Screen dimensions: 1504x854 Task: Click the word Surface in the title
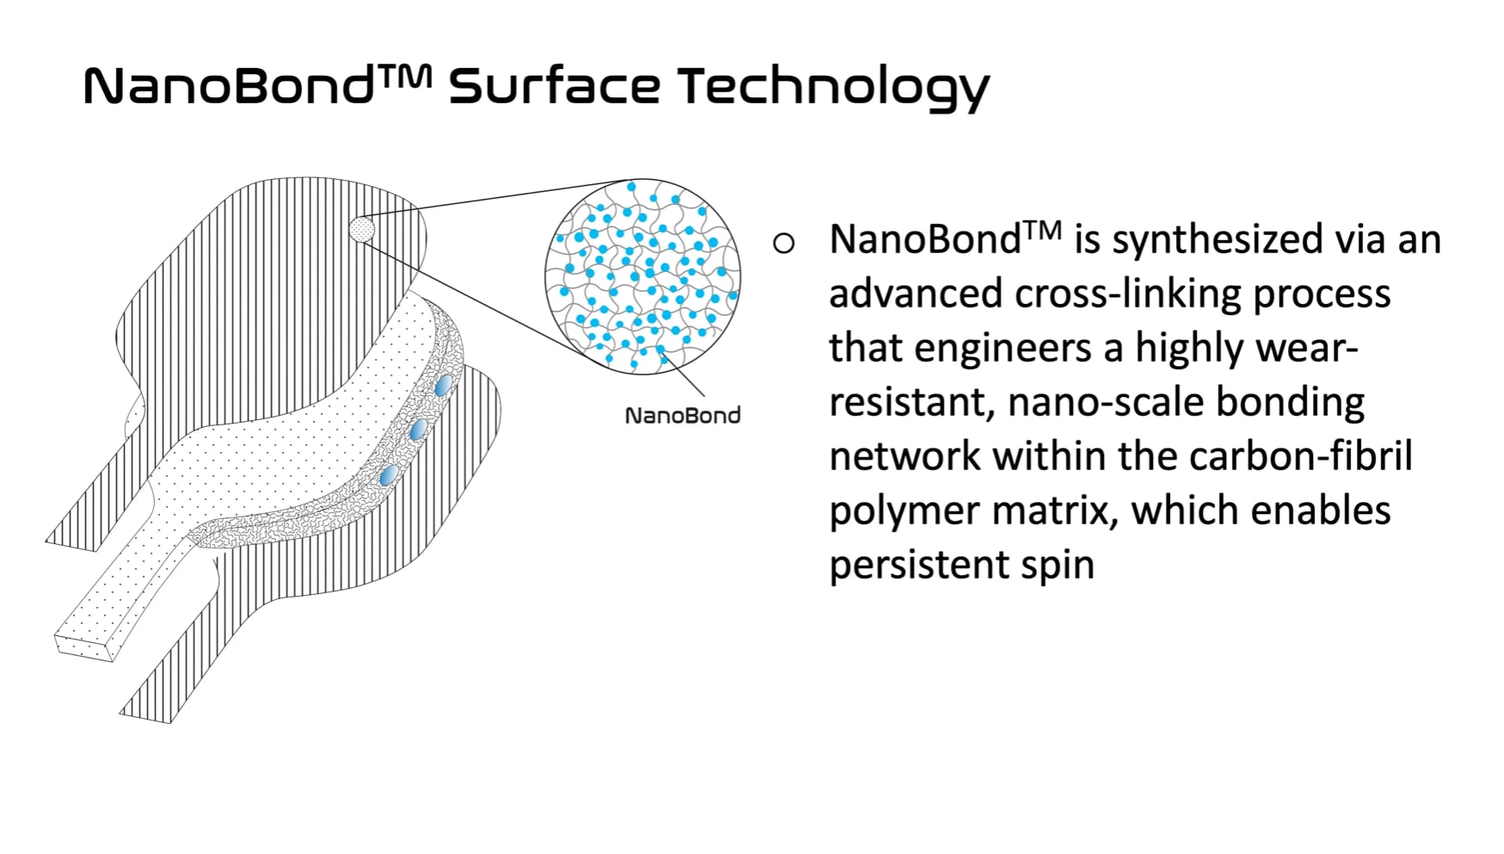click(x=554, y=86)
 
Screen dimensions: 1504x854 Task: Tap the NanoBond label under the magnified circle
click(x=682, y=416)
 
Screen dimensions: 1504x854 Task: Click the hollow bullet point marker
click(x=783, y=244)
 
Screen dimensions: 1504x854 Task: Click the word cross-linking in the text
click(x=1128, y=294)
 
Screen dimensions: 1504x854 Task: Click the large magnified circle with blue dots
click(x=643, y=276)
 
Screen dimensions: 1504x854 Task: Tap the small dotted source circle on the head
click(x=362, y=229)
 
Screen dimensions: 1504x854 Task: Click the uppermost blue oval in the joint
click(x=443, y=385)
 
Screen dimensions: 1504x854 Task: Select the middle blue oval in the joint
click(x=418, y=430)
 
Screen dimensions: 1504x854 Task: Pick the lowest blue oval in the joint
click(x=389, y=474)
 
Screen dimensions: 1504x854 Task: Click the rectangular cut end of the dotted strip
click(x=84, y=646)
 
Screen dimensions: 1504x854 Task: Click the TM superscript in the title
click(x=403, y=77)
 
